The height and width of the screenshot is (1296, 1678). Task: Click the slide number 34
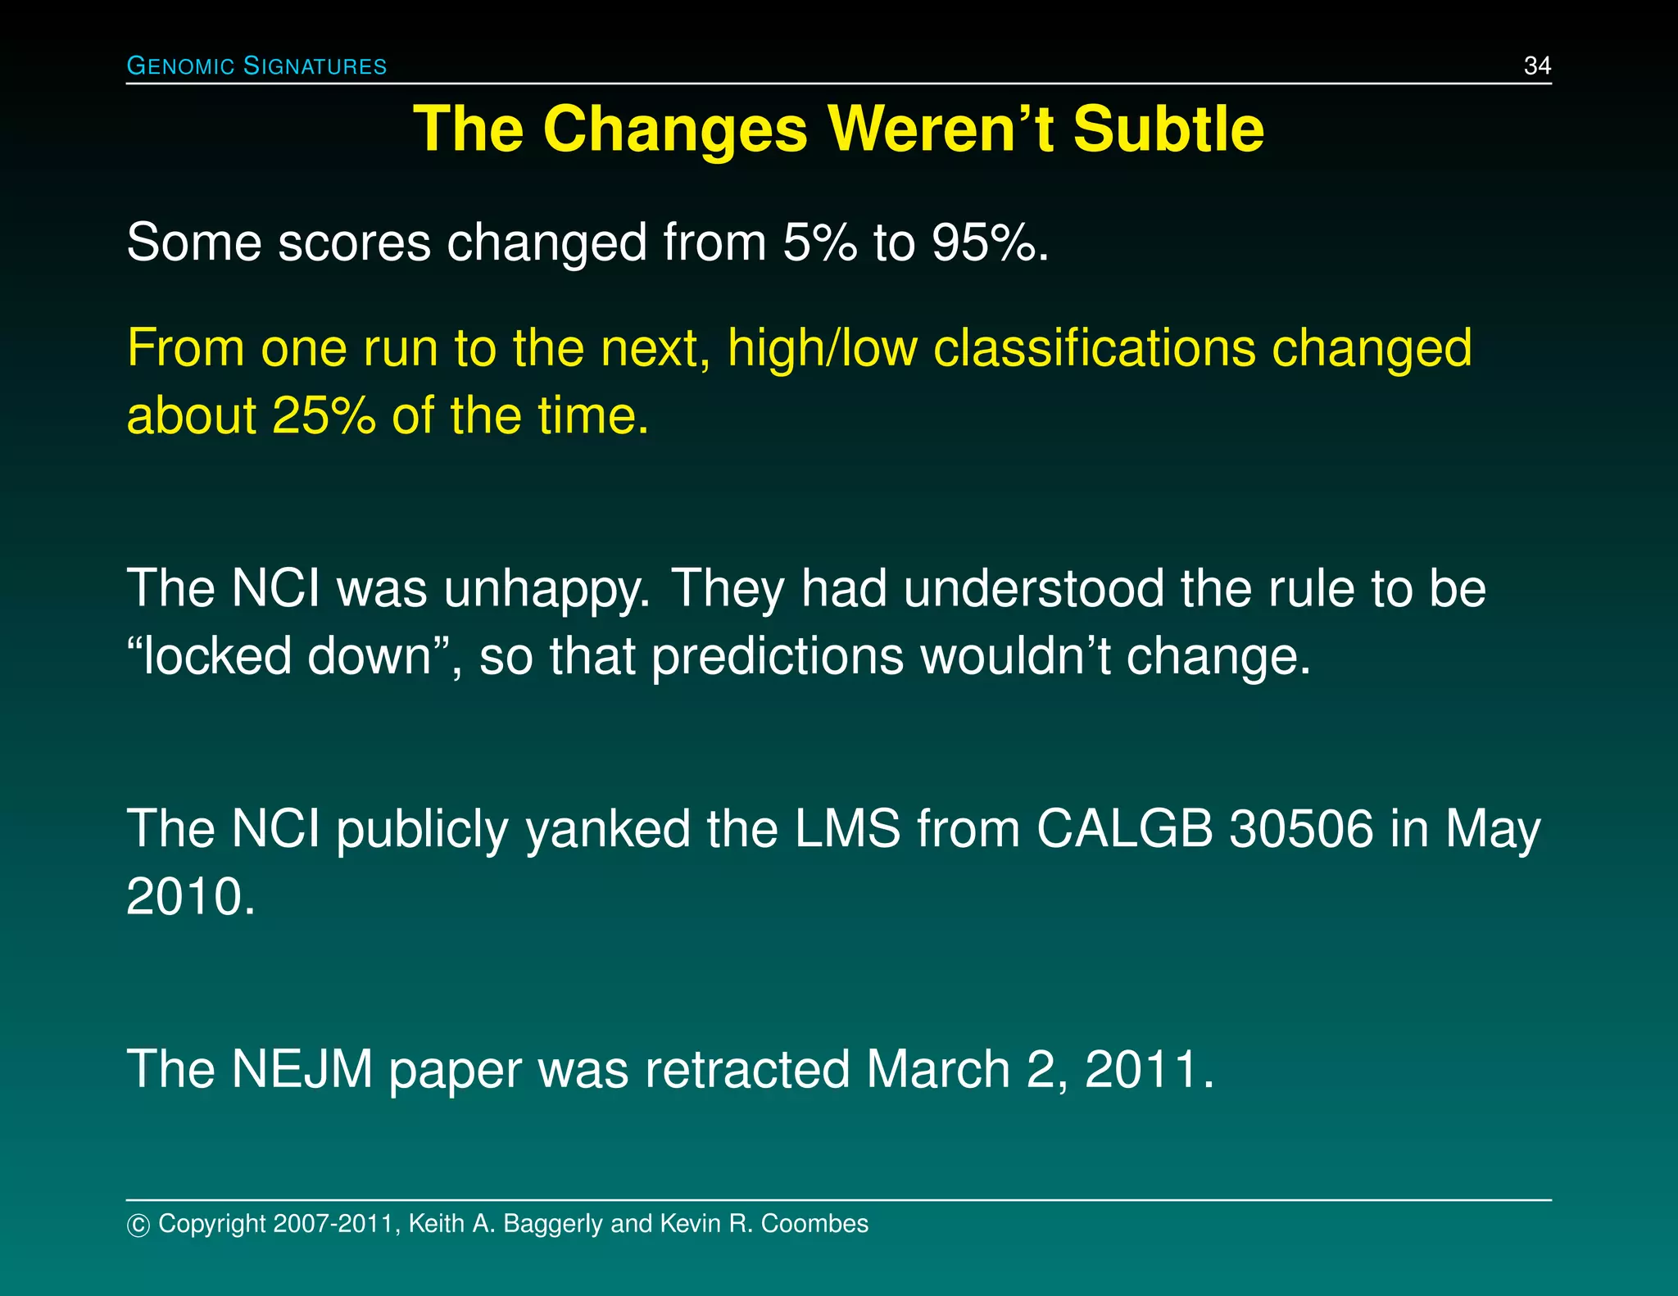tap(1536, 66)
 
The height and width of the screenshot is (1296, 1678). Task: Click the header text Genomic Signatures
tap(256, 66)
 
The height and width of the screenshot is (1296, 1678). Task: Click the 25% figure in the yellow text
tap(324, 415)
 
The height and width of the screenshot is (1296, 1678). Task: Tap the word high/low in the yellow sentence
tap(822, 347)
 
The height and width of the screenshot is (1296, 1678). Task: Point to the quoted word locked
tap(217, 656)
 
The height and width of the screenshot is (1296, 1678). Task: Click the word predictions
tap(778, 658)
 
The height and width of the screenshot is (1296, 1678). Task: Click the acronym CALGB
tap(1124, 828)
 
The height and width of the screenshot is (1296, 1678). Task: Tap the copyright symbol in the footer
tap(138, 1225)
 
